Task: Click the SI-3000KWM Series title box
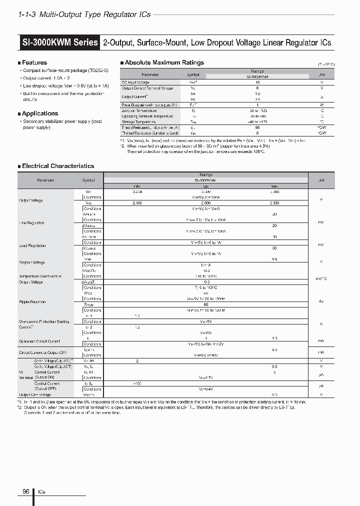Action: pyautogui.click(x=59, y=43)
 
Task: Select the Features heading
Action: pyautogui.click(x=34, y=62)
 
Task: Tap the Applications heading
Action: pyautogui.click(x=40, y=113)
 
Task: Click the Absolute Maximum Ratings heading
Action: pyautogui.click(x=164, y=62)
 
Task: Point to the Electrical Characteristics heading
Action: pyautogui.click(x=58, y=166)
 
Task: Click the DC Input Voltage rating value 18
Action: pyautogui.click(x=257, y=82)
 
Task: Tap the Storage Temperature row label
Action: pyautogui.click(x=138, y=121)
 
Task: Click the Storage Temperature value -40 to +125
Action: pyautogui.click(x=257, y=121)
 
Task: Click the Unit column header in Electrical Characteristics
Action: pyautogui.click(x=320, y=180)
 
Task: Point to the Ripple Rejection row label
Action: pyautogui.click(x=32, y=302)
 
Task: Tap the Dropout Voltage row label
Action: pyautogui.click(x=32, y=262)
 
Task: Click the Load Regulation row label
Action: pyautogui.click(x=32, y=245)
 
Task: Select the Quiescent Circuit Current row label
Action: pyautogui.click(x=39, y=341)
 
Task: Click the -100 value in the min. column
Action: pyautogui.click(x=137, y=383)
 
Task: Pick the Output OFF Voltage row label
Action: pyautogui.click(x=35, y=394)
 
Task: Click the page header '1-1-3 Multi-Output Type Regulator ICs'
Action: pyautogui.click(x=83, y=15)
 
